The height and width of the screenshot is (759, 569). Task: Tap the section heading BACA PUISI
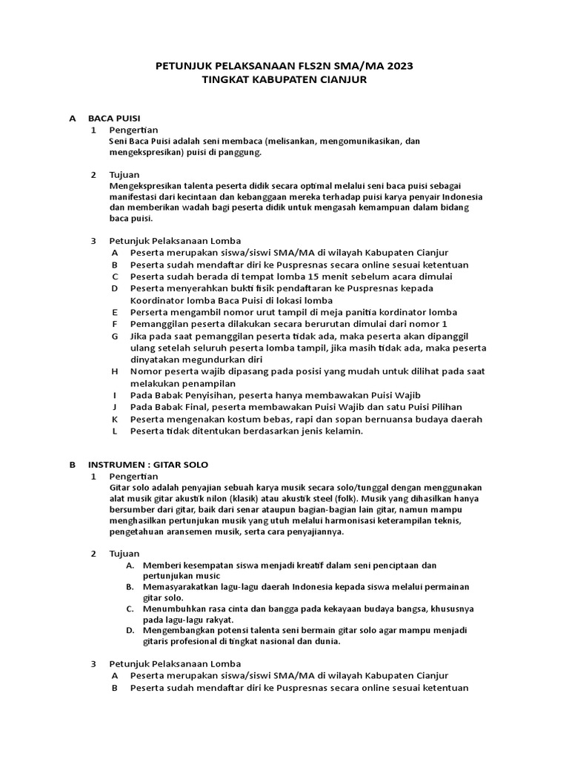(114, 118)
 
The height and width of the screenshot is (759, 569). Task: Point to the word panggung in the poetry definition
(239, 152)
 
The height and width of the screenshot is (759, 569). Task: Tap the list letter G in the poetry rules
(115, 336)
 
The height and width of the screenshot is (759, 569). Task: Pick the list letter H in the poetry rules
(115, 371)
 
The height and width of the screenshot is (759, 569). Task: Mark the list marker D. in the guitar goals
(129, 630)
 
